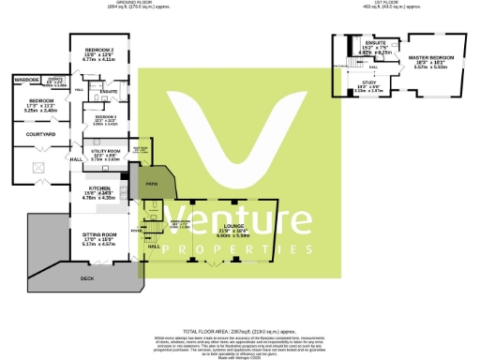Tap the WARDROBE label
pos(26,80)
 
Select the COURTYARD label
pos(38,135)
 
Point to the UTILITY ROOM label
pos(102,150)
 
